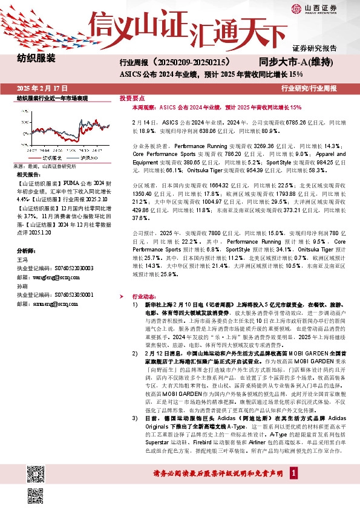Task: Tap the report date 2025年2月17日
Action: click(42, 88)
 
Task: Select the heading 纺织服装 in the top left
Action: click(36, 59)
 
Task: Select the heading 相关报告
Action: click(27, 174)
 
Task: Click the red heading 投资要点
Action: click(132, 97)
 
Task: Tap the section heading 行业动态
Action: click(143, 297)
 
